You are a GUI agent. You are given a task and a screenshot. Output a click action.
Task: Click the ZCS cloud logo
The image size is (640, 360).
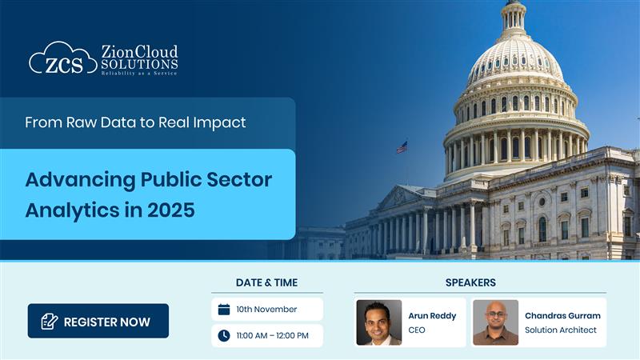[x=62, y=59]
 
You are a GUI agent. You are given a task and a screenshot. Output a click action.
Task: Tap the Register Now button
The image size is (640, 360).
[x=98, y=322]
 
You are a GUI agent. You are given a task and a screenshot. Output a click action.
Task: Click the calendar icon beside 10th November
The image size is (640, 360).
[x=224, y=310]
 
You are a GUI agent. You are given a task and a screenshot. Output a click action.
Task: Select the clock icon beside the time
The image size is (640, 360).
[x=224, y=335]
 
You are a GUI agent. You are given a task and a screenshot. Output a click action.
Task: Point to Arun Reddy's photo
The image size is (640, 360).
[x=379, y=322]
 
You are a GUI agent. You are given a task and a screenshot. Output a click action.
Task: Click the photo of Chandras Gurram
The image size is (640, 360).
[x=495, y=322]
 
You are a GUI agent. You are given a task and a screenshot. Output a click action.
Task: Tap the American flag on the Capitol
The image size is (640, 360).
[x=402, y=147]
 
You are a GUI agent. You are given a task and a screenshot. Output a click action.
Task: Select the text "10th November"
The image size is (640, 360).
[x=266, y=310]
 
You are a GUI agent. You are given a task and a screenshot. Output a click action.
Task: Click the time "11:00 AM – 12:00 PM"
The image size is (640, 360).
[x=272, y=335]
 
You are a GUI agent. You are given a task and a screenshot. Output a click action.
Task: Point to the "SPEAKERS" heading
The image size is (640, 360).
[x=470, y=282]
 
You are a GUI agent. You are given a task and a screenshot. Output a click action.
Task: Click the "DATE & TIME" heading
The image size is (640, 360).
[x=266, y=282]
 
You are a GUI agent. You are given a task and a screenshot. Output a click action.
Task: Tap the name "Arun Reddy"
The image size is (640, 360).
[x=432, y=315]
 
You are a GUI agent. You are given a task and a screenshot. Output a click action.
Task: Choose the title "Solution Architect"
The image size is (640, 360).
[x=561, y=330]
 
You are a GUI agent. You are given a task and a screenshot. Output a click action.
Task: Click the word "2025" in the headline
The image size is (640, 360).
[x=166, y=211]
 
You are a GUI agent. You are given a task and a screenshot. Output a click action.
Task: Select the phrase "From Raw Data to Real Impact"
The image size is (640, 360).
[x=135, y=123]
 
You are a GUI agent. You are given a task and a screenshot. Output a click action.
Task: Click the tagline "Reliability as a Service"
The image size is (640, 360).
[x=139, y=73]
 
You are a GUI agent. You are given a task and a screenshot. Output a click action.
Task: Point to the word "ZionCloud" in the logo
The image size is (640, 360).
[x=139, y=52]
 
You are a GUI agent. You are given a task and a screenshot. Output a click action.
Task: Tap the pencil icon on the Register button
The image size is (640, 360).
[x=50, y=322]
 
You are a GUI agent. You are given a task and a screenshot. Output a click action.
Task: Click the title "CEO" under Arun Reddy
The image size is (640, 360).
[x=417, y=330]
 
